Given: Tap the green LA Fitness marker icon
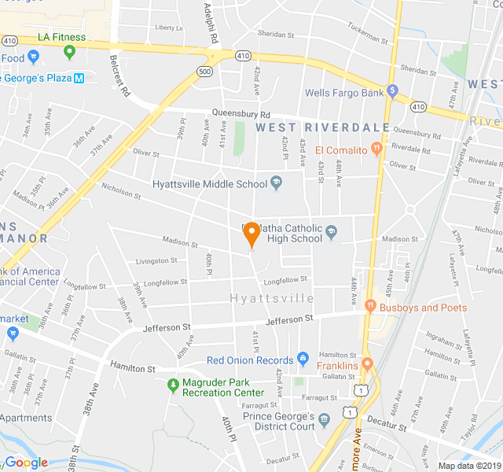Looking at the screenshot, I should (x=69, y=53).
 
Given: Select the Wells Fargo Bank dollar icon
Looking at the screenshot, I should (x=392, y=93).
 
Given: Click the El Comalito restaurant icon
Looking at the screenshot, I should (x=377, y=149).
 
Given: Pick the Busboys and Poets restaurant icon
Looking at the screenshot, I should (x=370, y=308).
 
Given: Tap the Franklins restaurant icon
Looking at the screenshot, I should (x=367, y=366).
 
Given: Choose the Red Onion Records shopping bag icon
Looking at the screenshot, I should (x=303, y=360).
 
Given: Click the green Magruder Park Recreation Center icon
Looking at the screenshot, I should (x=173, y=385).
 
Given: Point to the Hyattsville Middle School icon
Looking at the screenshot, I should (x=276, y=184).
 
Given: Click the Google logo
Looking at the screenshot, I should (x=27, y=463).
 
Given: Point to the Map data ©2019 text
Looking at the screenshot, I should (x=468, y=466).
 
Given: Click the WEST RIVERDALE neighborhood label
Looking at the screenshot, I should (x=322, y=127).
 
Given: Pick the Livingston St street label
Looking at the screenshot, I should (x=156, y=260).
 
